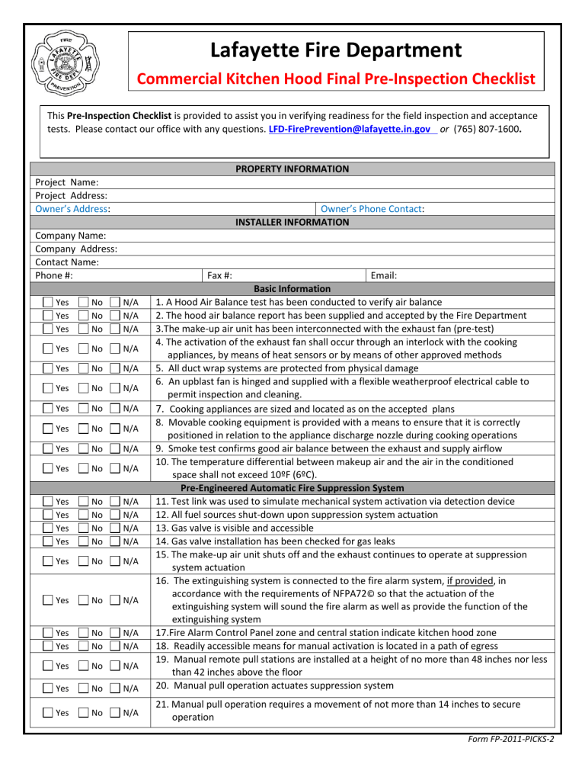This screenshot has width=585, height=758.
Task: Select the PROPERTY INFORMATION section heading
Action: click(292, 169)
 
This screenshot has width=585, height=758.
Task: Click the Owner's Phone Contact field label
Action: click(372, 208)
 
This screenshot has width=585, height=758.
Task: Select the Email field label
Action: click(384, 275)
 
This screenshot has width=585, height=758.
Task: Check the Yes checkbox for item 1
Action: click(47, 303)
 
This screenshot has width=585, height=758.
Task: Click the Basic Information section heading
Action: click(292, 288)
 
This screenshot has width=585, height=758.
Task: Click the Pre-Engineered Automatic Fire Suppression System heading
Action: click(292, 487)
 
